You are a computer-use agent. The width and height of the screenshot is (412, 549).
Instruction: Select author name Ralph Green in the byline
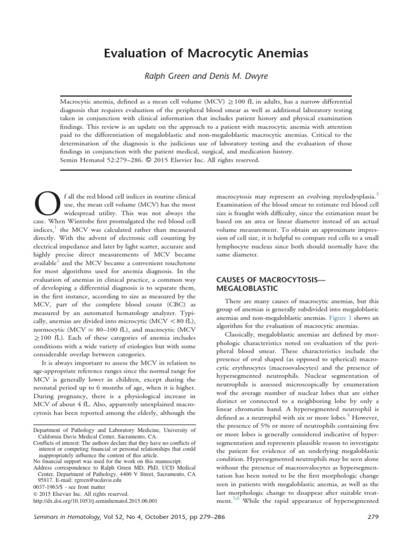[166, 76]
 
